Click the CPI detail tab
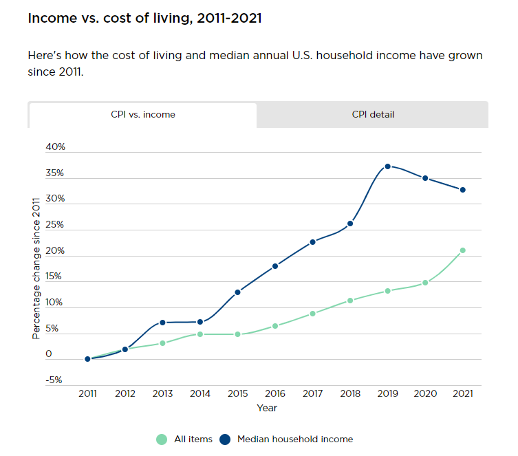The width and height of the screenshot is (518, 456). pyautogui.click(x=373, y=115)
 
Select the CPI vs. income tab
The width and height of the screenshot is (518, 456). pyautogui.click(x=143, y=115)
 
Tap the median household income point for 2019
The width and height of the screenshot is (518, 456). pyautogui.click(x=388, y=166)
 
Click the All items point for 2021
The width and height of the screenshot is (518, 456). pyautogui.click(x=463, y=250)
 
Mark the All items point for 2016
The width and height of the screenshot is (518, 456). pyautogui.click(x=275, y=326)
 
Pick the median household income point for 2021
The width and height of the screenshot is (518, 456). pyautogui.click(x=463, y=190)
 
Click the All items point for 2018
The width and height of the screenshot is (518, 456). pyautogui.click(x=350, y=301)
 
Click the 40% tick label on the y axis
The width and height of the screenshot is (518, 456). pyautogui.click(x=55, y=147)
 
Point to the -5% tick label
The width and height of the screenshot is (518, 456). pyautogui.click(x=54, y=380)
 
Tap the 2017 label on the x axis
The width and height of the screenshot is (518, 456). pyautogui.click(x=312, y=395)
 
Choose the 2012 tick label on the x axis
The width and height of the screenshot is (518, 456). pyautogui.click(x=125, y=395)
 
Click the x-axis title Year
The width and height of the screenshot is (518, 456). pyautogui.click(x=267, y=408)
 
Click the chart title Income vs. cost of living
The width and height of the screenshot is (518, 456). pyautogui.click(x=144, y=18)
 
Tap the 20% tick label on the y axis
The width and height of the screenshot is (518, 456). pyautogui.click(x=55, y=251)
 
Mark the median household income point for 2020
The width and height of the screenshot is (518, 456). pyautogui.click(x=425, y=178)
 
